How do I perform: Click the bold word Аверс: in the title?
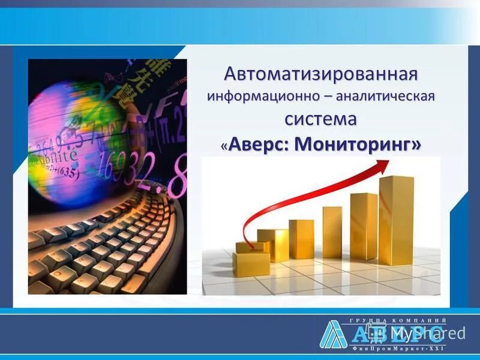point(260,145)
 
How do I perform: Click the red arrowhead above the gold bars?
point(380,170)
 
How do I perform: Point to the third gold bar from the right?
point(331,232)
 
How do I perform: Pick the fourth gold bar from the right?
point(301,238)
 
